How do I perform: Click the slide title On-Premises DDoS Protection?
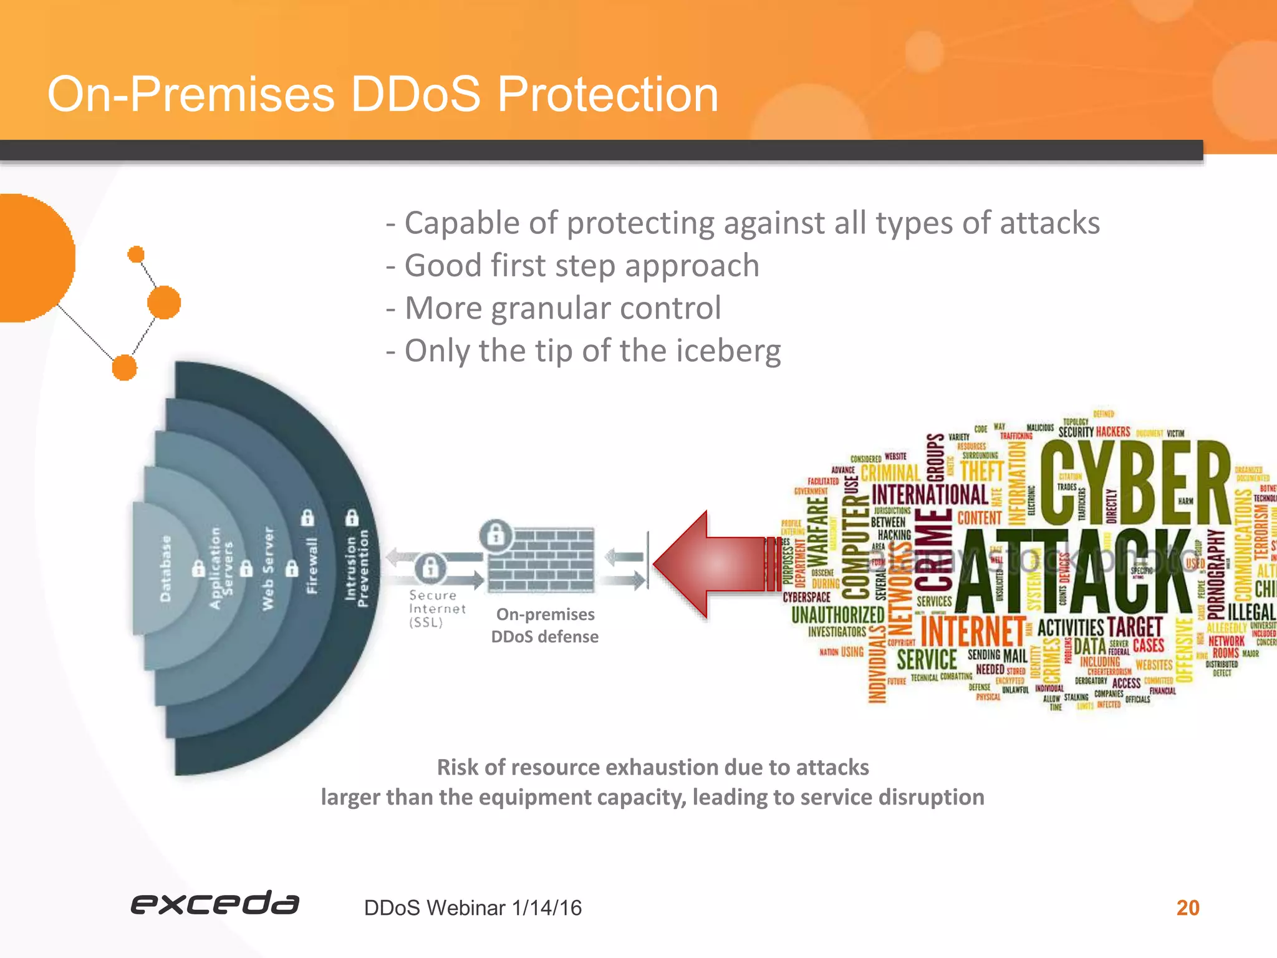[383, 94]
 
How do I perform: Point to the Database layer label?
[165, 568]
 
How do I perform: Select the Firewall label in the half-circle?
[312, 565]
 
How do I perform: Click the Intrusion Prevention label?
[357, 568]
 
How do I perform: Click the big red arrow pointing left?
[711, 564]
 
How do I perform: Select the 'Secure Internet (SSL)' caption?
[436, 609]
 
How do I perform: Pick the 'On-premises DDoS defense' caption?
[545, 626]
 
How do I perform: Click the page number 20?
[1187, 907]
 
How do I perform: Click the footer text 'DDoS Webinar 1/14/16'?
[473, 908]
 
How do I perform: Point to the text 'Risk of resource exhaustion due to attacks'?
[652, 767]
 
